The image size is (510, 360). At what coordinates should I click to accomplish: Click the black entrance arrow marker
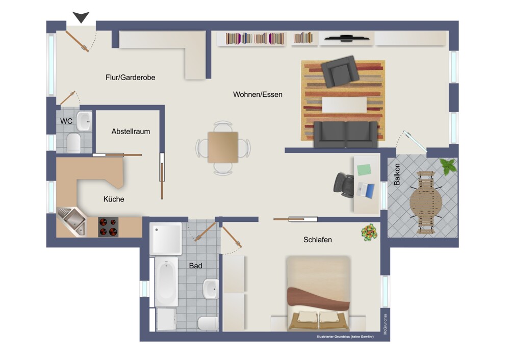(81, 17)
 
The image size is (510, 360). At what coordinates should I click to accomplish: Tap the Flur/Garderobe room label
(130, 78)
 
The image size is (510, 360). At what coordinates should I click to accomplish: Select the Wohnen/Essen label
(258, 95)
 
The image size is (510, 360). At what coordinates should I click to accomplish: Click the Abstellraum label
(131, 132)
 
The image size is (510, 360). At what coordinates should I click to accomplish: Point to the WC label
(66, 121)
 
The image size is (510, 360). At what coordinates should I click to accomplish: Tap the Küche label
(114, 199)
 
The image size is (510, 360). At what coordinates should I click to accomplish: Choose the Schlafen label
(317, 240)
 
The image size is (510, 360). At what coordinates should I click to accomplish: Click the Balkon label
(397, 174)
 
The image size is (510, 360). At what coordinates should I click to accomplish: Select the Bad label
(195, 266)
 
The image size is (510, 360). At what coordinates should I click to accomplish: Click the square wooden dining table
(223, 147)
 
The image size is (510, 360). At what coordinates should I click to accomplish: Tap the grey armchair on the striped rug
(340, 71)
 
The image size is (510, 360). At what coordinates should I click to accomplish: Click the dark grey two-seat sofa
(346, 134)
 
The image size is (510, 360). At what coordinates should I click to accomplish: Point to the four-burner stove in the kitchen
(108, 227)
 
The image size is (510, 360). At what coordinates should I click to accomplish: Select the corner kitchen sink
(72, 221)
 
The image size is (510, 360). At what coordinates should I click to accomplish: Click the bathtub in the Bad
(166, 281)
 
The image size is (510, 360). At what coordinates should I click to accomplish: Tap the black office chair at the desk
(344, 185)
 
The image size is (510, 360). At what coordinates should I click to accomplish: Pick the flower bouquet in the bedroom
(369, 233)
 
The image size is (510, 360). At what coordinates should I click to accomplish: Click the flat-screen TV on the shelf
(347, 39)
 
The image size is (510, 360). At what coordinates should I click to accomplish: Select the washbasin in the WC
(84, 121)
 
